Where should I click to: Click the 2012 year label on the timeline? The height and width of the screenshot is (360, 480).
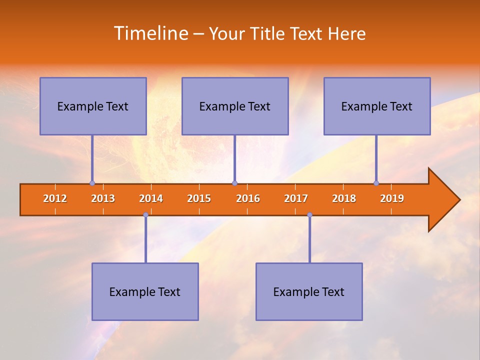click(x=55, y=198)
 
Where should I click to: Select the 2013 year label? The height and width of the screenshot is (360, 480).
click(x=103, y=198)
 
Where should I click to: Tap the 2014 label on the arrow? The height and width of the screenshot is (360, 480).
click(x=151, y=198)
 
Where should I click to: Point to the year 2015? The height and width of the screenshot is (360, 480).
click(x=199, y=198)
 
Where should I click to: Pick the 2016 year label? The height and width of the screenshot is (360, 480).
click(x=248, y=198)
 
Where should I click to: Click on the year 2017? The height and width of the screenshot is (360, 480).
click(x=296, y=198)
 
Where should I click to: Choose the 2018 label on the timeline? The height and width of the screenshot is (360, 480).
click(x=344, y=198)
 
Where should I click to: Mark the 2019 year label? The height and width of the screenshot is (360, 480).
click(x=392, y=198)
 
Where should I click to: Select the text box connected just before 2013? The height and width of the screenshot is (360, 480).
click(x=93, y=106)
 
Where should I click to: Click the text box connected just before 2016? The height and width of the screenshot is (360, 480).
click(x=235, y=106)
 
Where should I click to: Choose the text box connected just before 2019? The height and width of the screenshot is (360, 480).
click(x=377, y=106)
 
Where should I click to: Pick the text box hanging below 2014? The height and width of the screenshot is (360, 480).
click(x=145, y=291)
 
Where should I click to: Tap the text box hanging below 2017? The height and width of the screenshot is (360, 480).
click(x=309, y=291)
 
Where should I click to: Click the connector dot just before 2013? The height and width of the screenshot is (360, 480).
click(x=92, y=183)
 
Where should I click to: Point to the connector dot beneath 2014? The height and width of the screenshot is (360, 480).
click(x=145, y=215)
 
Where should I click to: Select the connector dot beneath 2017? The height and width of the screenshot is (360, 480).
click(x=309, y=215)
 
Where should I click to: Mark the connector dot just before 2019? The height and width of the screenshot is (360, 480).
click(x=376, y=183)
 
